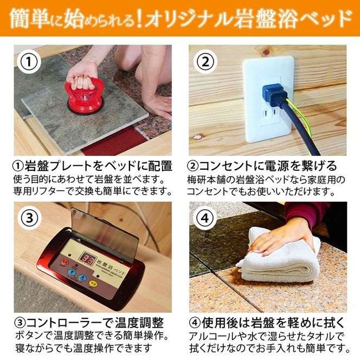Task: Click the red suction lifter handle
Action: click(x=84, y=96)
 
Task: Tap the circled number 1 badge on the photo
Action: click(x=29, y=62)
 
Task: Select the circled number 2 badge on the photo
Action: click(x=205, y=61)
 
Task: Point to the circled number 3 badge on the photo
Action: click(x=30, y=218)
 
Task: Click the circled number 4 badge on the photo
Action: click(x=205, y=218)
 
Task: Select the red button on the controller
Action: click(x=63, y=262)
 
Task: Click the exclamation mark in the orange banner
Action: click(x=139, y=18)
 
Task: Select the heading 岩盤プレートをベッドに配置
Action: click(x=99, y=166)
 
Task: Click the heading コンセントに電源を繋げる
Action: click(x=268, y=166)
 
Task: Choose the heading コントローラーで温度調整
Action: click(x=95, y=323)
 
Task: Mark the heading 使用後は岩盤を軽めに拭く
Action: click(x=273, y=323)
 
